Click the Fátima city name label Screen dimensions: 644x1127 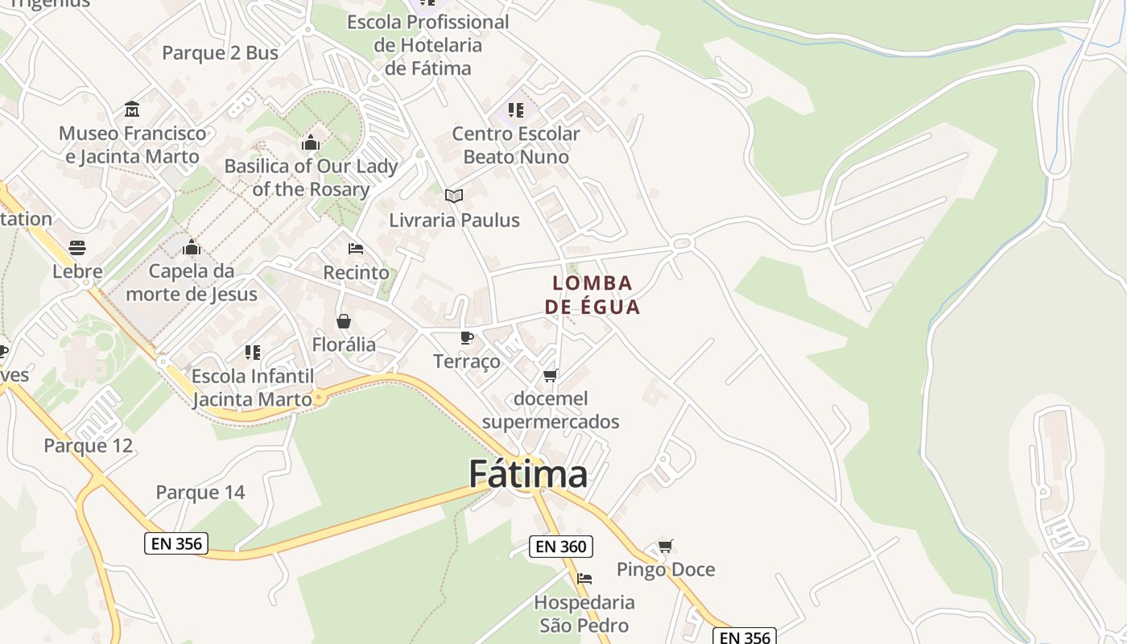[x=528, y=474]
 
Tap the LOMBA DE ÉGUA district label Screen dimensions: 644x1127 [x=592, y=295]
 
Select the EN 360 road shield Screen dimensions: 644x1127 [x=561, y=547]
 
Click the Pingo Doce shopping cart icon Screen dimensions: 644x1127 [x=665, y=547]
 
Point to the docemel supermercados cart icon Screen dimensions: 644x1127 [x=551, y=375]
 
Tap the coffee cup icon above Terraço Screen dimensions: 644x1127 [x=466, y=337]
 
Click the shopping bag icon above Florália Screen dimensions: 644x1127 [x=344, y=321]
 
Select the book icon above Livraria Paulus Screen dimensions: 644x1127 [x=454, y=196]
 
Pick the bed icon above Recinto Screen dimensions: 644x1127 [x=356, y=249]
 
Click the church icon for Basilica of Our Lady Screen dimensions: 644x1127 [x=311, y=143]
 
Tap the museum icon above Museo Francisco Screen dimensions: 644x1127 [x=132, y=109]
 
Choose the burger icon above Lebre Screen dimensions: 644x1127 [x=77, y=247]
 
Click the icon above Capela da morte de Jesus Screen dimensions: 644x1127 [x=192, y=247]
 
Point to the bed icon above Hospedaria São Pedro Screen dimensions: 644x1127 [x=584, y=579]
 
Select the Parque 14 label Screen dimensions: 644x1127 [x=200, y=492]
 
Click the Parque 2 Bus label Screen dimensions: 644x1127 [x=220, y=53]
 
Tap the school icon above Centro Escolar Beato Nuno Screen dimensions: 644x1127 [x=516, y=109]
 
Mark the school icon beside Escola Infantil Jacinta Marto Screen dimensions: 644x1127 [x=253, y=352]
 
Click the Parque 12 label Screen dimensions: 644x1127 [x=88, y=445]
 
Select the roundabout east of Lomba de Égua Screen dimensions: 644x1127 [x=683, y=242]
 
